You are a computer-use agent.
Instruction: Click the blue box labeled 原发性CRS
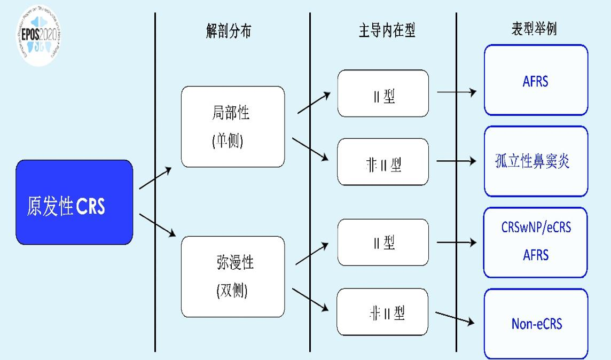click(x=74, y=202)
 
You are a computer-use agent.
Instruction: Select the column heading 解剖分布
click(x=228, y=31)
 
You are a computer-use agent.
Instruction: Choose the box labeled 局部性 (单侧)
click(x=232, y=127)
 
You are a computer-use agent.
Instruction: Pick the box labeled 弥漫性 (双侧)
click(x=232, y=276)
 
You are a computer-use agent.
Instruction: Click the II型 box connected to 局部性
click(x=383, y=93)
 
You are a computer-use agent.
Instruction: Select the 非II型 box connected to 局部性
click(x=383, y=162)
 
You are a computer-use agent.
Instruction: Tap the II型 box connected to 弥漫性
click(x=383, y=242)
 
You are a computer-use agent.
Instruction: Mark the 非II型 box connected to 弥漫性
click(x=383, y=312)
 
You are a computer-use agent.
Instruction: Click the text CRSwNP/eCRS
click(x=536, y=227)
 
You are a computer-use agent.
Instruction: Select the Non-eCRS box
click(x=536, y=324)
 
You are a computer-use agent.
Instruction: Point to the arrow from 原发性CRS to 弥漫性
click(x=157, y=225)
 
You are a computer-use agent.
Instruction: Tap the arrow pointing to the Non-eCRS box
click(x=456, y=317)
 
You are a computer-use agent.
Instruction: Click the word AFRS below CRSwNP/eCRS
click(x=536, y=254)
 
